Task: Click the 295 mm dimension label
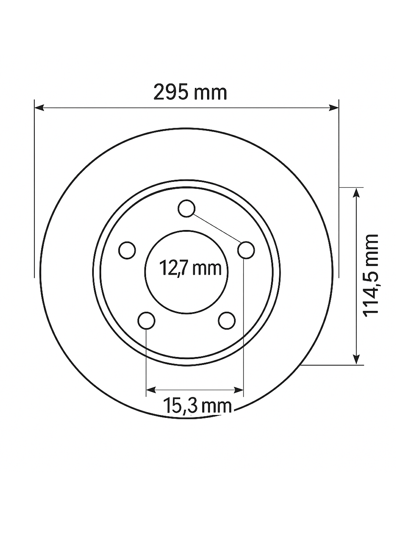190,93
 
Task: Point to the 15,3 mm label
197,406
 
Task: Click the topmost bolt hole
187,209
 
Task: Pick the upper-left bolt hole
127,250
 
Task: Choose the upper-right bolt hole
246,250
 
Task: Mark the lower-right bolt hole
227,321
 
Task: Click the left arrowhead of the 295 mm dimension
39,107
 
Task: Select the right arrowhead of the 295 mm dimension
334,107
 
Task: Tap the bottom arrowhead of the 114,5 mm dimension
356,359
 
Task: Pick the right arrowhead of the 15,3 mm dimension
239,390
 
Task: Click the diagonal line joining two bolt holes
216,230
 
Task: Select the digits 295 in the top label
171,93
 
